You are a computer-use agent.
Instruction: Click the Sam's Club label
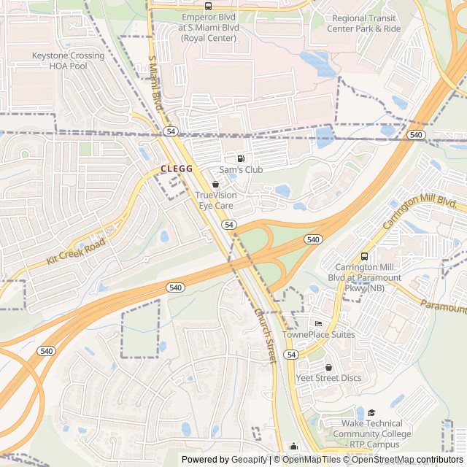(241, 169)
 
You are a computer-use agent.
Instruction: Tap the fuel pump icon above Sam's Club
(241, 158)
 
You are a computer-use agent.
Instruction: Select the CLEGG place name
(176, 169)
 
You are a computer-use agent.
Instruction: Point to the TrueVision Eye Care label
(215, 200)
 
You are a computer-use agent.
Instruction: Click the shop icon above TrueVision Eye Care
(215, 185)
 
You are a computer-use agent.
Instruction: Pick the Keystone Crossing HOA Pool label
(68, 61)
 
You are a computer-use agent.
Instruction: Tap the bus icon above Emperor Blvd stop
(209, 6)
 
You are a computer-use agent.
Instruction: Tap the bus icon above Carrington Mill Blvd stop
(364, 257)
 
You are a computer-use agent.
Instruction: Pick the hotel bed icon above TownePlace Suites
(317, 324)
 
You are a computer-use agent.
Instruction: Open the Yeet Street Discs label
(328, 378)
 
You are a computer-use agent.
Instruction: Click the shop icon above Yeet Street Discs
(328, 367)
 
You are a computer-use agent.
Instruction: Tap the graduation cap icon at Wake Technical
(371, 413)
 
